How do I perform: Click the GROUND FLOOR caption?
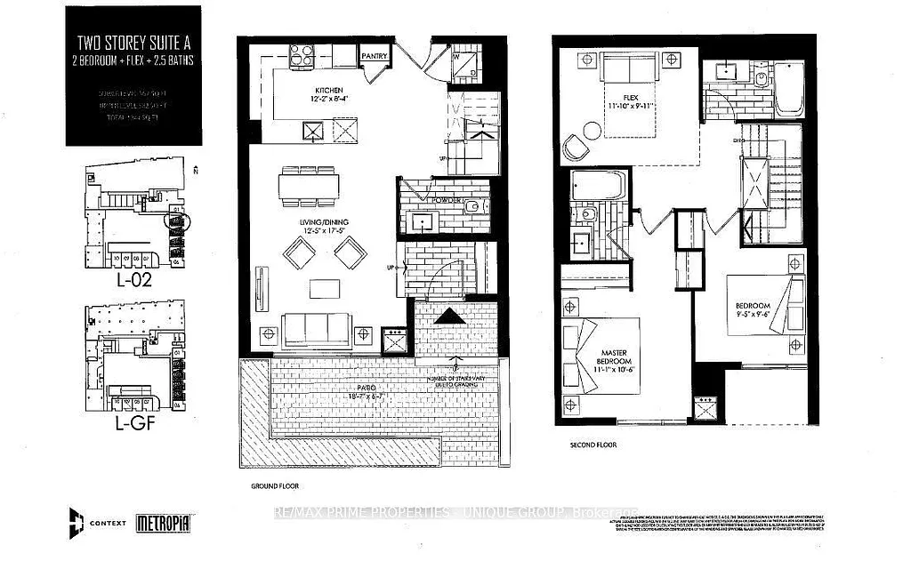coord(275,486)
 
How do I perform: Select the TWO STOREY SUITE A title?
coord(127,40)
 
